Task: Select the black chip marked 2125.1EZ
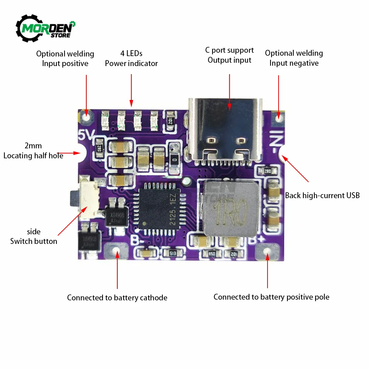click(160, 209)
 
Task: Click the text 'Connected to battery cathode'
click(117, 298)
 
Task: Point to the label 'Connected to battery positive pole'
click(271, 297)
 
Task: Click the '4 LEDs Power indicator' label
click(131, 59)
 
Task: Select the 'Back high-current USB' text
click(322, 196)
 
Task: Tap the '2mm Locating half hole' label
click(33, 151)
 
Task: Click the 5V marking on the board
click(86, 135)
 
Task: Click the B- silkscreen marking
click(137, 241)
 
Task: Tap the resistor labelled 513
click(172, 254)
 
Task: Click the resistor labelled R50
click(211, 254)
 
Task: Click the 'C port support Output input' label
click(229, 55)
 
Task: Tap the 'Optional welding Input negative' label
click(294, 58)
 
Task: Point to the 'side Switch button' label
click(34, 237)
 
